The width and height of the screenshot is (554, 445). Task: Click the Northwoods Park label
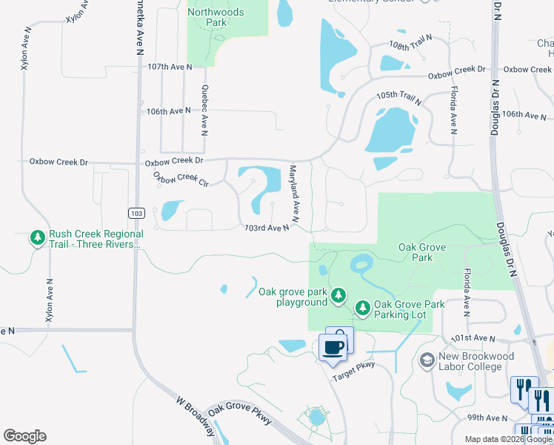[216, 17]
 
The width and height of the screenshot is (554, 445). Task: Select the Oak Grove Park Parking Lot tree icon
[363, 307]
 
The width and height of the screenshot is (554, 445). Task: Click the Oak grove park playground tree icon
[338, 296]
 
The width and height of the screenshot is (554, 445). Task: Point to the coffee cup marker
[333, 346]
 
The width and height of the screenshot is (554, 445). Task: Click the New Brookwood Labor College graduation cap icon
[427, 361]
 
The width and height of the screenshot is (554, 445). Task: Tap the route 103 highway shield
[136, 213]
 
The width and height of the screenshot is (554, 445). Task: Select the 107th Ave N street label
[170, 67]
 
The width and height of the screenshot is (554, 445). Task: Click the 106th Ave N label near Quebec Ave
[169, 111]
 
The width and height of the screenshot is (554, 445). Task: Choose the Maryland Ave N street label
[293, 194]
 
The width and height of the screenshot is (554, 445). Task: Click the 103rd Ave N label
[267, 228]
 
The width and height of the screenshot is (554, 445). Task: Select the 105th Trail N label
[398, 98]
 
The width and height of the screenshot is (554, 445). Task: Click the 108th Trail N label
[410, 45]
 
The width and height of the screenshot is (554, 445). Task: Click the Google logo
[24, 436]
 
